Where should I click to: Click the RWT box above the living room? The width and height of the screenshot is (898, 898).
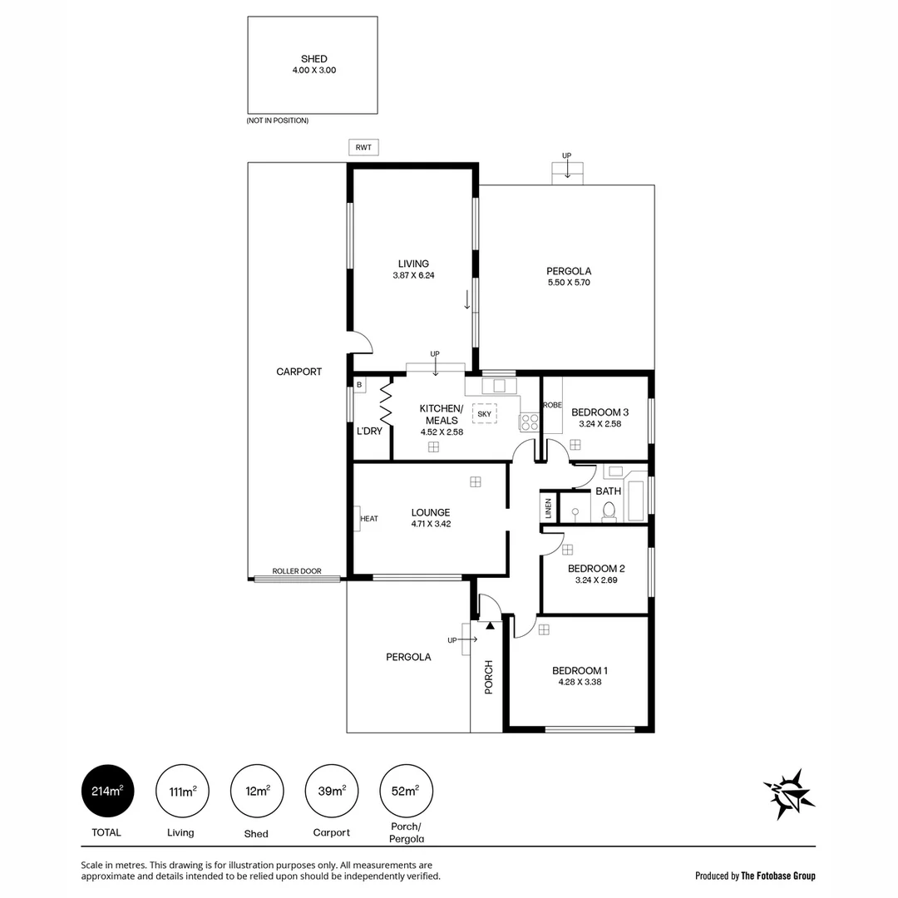tap(363, 147)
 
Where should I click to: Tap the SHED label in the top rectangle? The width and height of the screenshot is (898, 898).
tap(313, 59)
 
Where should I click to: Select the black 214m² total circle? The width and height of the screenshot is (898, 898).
tap(107, 791)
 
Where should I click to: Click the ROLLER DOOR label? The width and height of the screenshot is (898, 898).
tap(297, 572)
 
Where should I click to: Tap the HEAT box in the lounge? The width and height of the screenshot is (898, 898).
tap(368, 519)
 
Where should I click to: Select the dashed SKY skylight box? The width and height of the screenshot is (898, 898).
tap(484, 413)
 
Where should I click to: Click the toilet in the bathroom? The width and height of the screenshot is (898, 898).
tap(609, 511)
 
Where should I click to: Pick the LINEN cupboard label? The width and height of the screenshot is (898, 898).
tap(548, 509)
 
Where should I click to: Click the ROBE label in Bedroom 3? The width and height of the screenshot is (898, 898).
tap(552, 405)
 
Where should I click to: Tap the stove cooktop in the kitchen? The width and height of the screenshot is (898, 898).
tap(529, 422)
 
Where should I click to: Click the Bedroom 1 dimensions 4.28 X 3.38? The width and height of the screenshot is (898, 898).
tap(580, 683)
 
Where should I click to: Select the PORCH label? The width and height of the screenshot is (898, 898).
tap(489, 677)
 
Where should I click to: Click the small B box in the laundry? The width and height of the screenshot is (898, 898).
tap(359, 385)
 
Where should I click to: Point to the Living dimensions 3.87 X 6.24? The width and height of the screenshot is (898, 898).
tap(413, 275)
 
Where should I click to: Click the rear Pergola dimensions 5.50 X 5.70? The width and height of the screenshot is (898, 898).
tap(569, 283)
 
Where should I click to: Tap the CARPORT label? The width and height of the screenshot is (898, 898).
tap(299, 372)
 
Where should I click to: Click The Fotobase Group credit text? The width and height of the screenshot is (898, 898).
tap(777, 876)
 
